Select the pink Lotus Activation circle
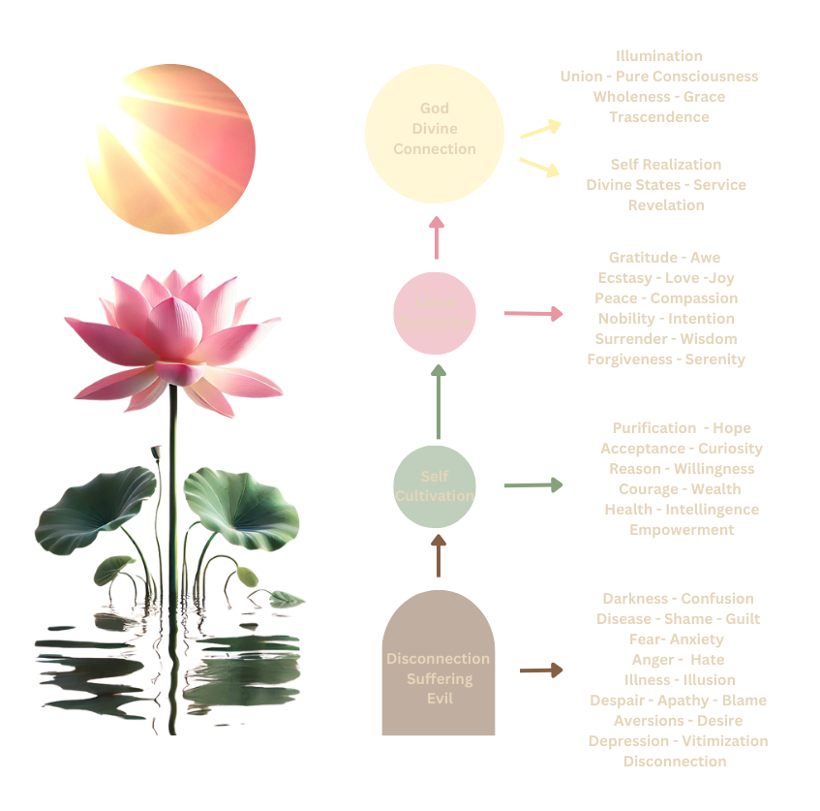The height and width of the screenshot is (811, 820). (x=435, y=312)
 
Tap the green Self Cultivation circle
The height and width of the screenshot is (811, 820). (x=435, y=486)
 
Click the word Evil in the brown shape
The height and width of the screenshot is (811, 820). (x=439, y=699)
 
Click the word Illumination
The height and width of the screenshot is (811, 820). (x=659, y=56)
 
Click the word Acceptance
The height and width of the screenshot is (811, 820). (x=641, y=449)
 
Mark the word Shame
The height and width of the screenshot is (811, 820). (x=683, y=618)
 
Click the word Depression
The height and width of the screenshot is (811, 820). (x=626, y=741)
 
